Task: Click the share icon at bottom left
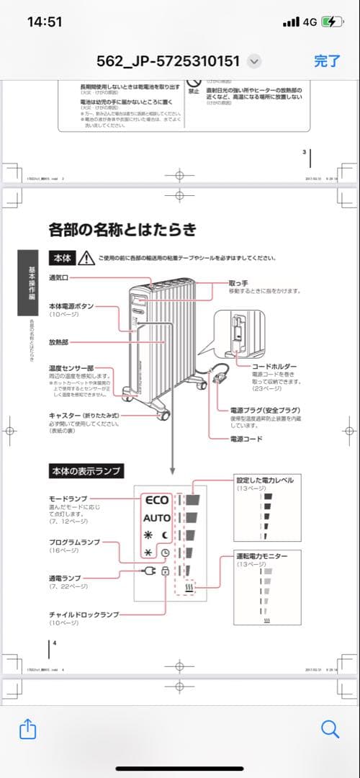point(27,730)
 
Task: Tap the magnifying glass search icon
point(330,730)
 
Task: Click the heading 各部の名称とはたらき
point(122,230)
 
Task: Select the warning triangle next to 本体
point(86,258)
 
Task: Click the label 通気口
point(59,277)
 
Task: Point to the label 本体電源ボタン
point(71,306)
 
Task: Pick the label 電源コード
point(246,439)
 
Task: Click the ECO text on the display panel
point(156,499)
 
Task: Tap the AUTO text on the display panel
point(156,518)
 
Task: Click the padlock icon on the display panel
point(165,571)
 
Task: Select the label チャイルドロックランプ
point(84,614)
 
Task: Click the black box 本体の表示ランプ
point(85,471)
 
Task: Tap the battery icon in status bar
point(332,22)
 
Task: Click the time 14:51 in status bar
point(45,22)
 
